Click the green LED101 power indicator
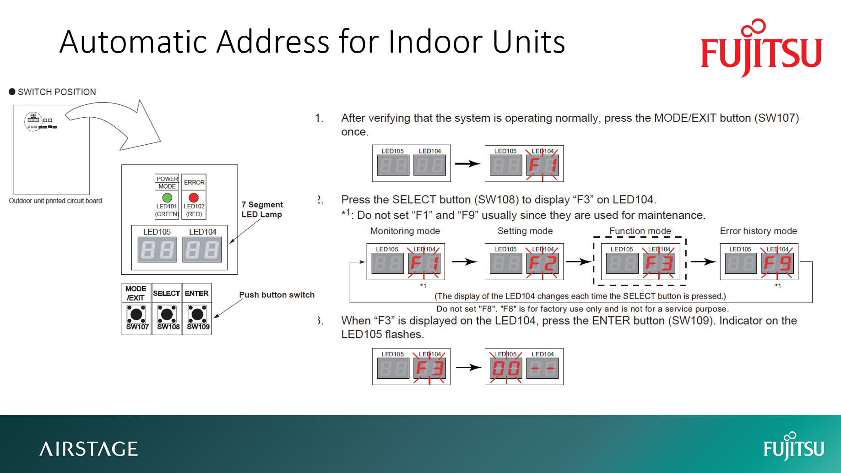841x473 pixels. click(x=167, y=198)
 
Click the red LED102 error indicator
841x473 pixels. click(x=194, y=198)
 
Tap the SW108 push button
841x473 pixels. click(x=167, y=315)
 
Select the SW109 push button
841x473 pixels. click(x=197, y=315)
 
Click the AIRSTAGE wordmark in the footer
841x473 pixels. click(x=88, y=449)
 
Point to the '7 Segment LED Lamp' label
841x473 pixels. click(x=262, y=209)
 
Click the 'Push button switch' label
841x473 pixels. click(x=277, y=295)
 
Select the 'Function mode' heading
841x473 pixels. click(x=640, y=231)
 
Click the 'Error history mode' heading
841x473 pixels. click(x=758, y=231)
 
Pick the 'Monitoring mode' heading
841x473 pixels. click(x=405, y=231)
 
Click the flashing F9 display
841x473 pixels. click(x=777, y=263)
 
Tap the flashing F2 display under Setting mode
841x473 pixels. click(x=543, y=263)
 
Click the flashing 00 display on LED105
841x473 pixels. click(x=506, y=368)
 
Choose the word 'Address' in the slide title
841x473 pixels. click(x=272, y=42)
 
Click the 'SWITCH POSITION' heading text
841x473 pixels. click(x=57, y=92)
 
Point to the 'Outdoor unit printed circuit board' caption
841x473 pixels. click(x=55, y=201)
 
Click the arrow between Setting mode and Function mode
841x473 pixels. click(x=578, y=262)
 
